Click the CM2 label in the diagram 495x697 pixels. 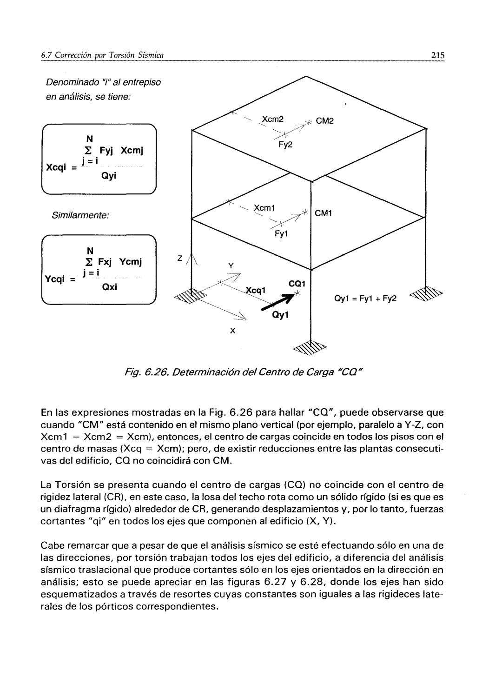point(325,121)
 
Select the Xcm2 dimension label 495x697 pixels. point(273,119)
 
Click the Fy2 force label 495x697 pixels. point(285,145)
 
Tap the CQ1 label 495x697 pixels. point(297,283)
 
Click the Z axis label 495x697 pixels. point(179,258)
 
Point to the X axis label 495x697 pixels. point(232,331)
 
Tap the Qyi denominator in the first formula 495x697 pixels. point(109,177)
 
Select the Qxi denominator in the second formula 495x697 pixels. point(110,287)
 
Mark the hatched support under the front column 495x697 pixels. point(310,347)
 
